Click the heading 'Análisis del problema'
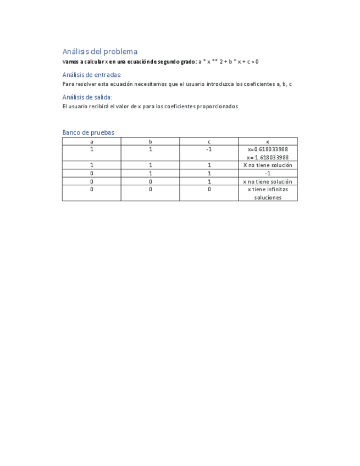(99, 52)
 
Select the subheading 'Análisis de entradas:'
(91, 75)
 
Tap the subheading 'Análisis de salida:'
(87, 97)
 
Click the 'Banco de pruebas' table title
(88, 132)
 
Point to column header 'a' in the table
(91, 142)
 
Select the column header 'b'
(150, 142)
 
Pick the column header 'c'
(209, 142)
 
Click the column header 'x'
(268, 142)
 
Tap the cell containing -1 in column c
(209, 149)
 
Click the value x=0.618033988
(268, 149)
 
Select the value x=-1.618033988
(268, 157)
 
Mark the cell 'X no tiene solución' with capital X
(268, 165)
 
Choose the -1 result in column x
(268, 173)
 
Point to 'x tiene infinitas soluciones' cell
(268, 193)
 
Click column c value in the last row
(209, 190)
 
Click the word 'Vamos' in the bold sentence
(70, 62)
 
